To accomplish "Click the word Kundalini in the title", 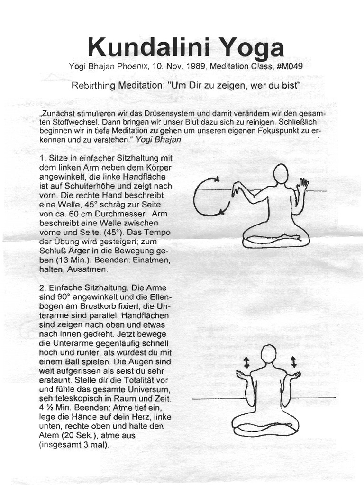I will click(141, 47).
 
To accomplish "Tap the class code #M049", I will click(289, 66).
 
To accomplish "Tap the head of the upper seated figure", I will click(281, 173).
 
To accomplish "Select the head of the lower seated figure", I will click(268, 354).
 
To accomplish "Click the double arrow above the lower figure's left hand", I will click(246, 363).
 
